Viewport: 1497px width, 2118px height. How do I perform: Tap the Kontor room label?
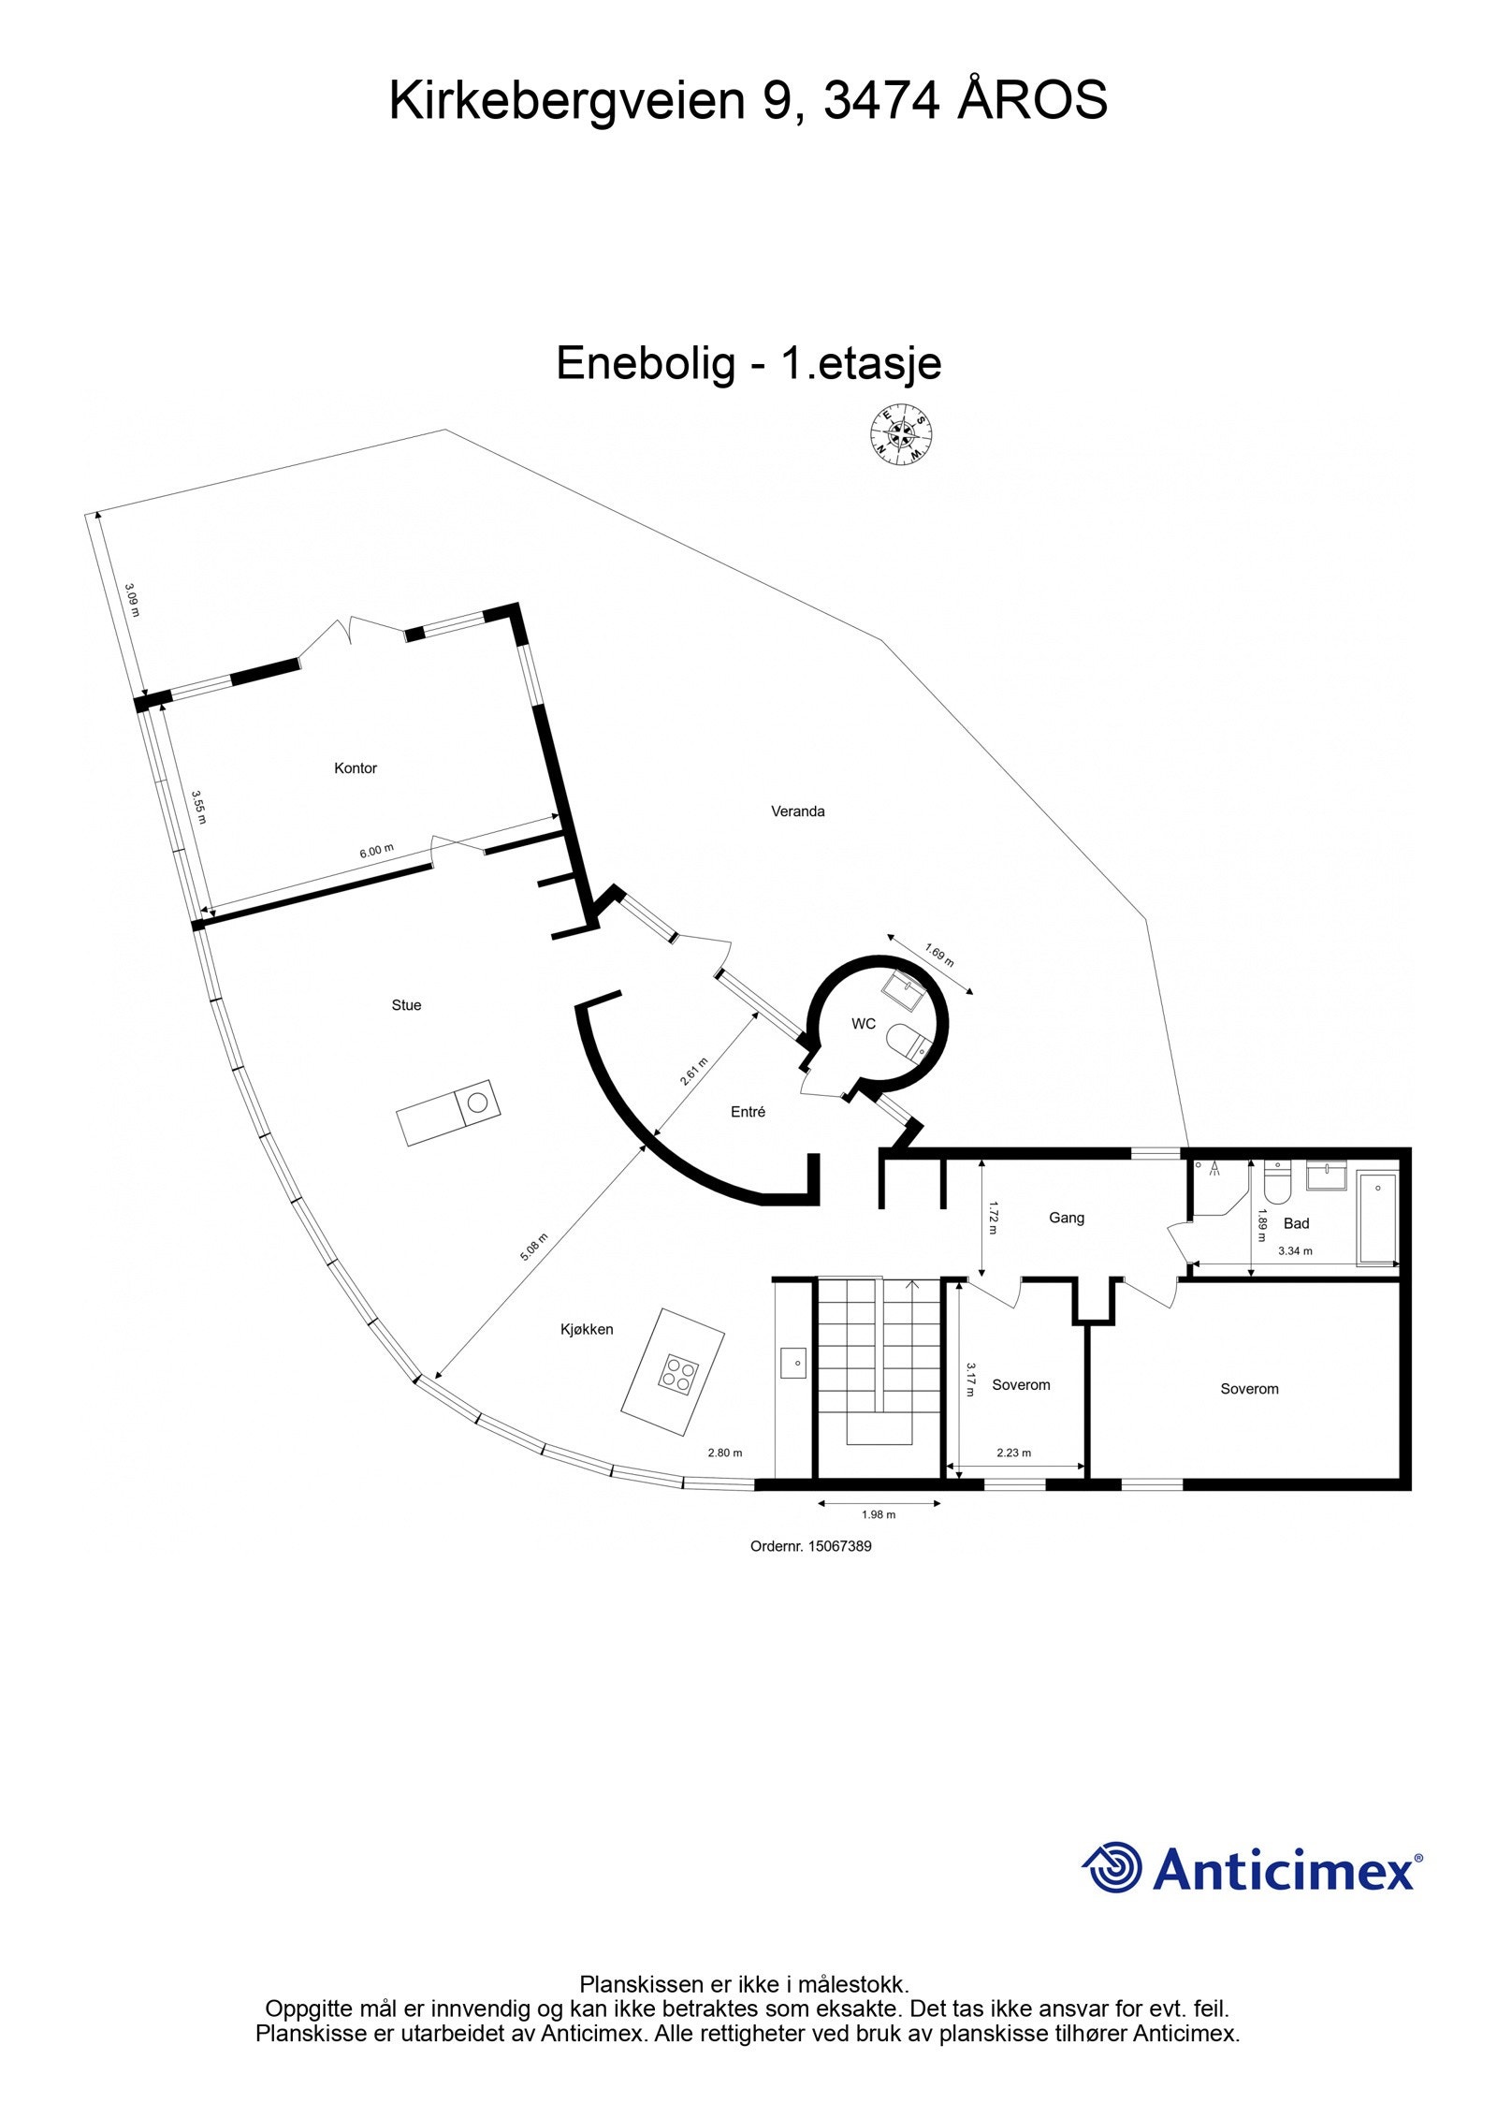pyautogui.click(x=355, y=768)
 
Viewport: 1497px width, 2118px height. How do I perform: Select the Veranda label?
pyautogui.click(x=797, y=811)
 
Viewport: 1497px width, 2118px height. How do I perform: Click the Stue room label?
pyautogui.click(x=406, y=1005)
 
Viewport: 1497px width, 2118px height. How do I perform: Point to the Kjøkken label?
pyautogui.click(x=587, y=1329)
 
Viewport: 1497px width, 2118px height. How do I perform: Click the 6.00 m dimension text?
pyautogui.click(x=376, y=851)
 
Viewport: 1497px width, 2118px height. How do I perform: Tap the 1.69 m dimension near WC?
pyautogui.click(x=939, y=955)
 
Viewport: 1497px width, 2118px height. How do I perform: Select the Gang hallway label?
pyautogui.click(x=1066, y=1218)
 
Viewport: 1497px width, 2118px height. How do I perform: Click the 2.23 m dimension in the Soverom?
pyautogui.click(x=1013, y=1453)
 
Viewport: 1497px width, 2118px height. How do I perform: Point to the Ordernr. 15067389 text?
pyautogui.click(x=810, y=1546)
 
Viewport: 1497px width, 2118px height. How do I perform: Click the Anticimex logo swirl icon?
pyautogui.click(x=1113, y=1868)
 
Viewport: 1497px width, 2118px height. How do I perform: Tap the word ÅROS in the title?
pyautogui.click(x=1032, y=100)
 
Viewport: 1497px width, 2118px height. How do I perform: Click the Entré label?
pyautogui.click(x=748, y=1112)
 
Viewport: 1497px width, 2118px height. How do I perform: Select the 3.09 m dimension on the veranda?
pyautogui.click(x=132, y=600)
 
